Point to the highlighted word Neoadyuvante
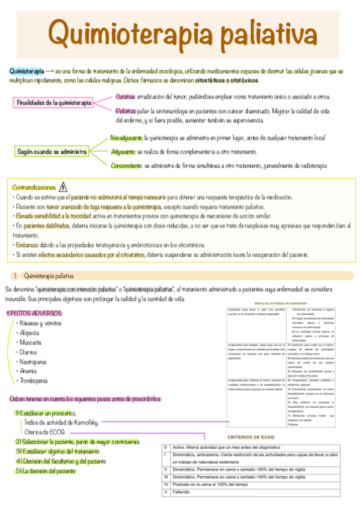point(127,138)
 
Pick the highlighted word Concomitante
point(126,165)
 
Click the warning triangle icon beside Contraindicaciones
point(64,187)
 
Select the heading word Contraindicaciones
point(34,188)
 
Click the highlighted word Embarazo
point(28,245)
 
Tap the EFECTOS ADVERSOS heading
point(34,313)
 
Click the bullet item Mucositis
point(31,343)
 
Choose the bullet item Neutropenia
point(35,363)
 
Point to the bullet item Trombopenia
point(35,381)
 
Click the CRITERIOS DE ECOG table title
point(251,437)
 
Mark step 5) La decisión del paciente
point(41,471)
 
